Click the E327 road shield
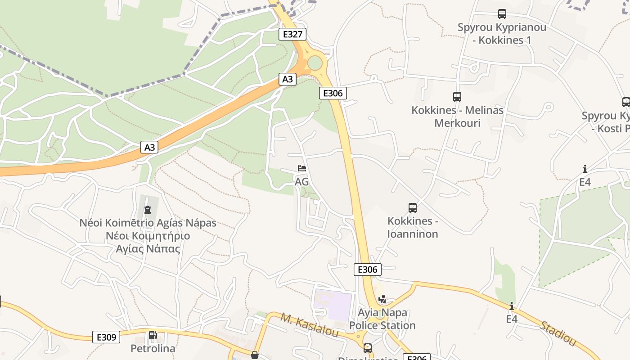[292, 34]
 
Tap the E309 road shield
[106, 337]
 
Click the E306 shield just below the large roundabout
[333, 93]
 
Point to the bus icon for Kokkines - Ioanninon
[413, 208]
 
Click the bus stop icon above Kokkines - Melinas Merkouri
[457, 96]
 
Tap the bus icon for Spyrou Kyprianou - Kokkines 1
[502, 14]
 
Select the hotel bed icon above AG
[302, 169]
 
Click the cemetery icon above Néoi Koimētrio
[147, 209]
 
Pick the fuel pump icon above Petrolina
[153, 335]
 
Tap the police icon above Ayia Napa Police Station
[382, 299]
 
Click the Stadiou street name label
[558, 333]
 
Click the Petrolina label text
[153, 348]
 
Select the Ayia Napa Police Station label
[382, 319]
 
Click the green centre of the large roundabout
[315, 63]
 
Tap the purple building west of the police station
[333, 305]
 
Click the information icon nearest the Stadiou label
[512, 306]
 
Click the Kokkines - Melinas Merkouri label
[457, 117]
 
